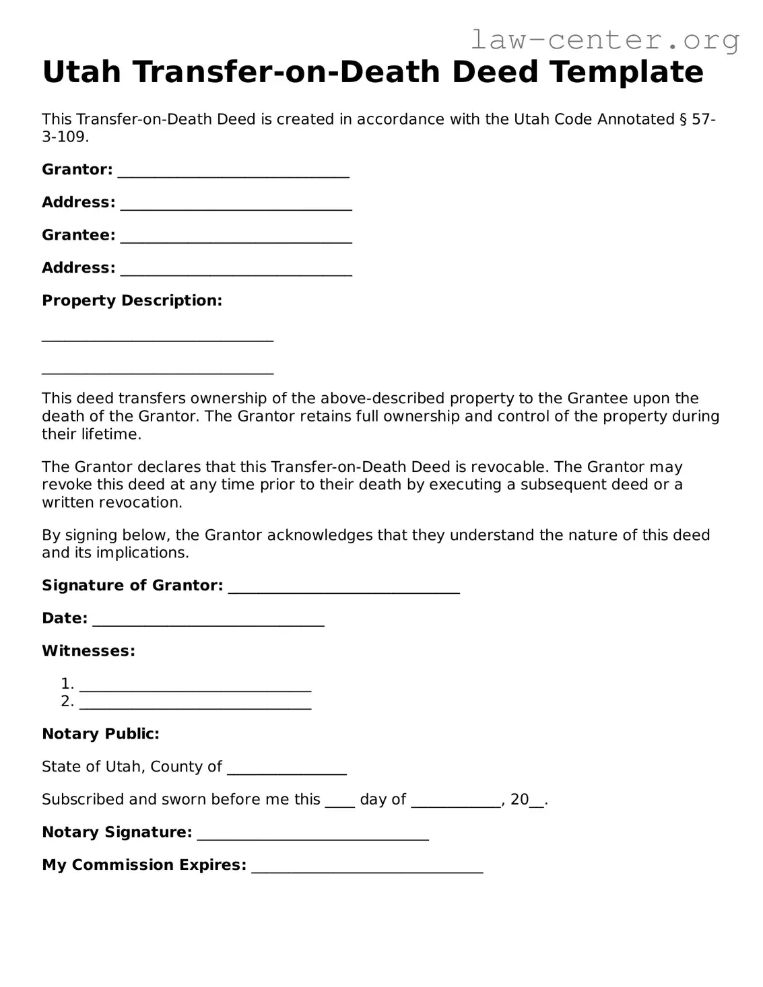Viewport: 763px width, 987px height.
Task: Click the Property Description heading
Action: pos(132,300)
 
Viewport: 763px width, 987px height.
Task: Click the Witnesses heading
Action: pos(88,651)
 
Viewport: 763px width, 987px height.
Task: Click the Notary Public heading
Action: pos(100,734)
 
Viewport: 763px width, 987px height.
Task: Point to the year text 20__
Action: pos(528,800)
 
